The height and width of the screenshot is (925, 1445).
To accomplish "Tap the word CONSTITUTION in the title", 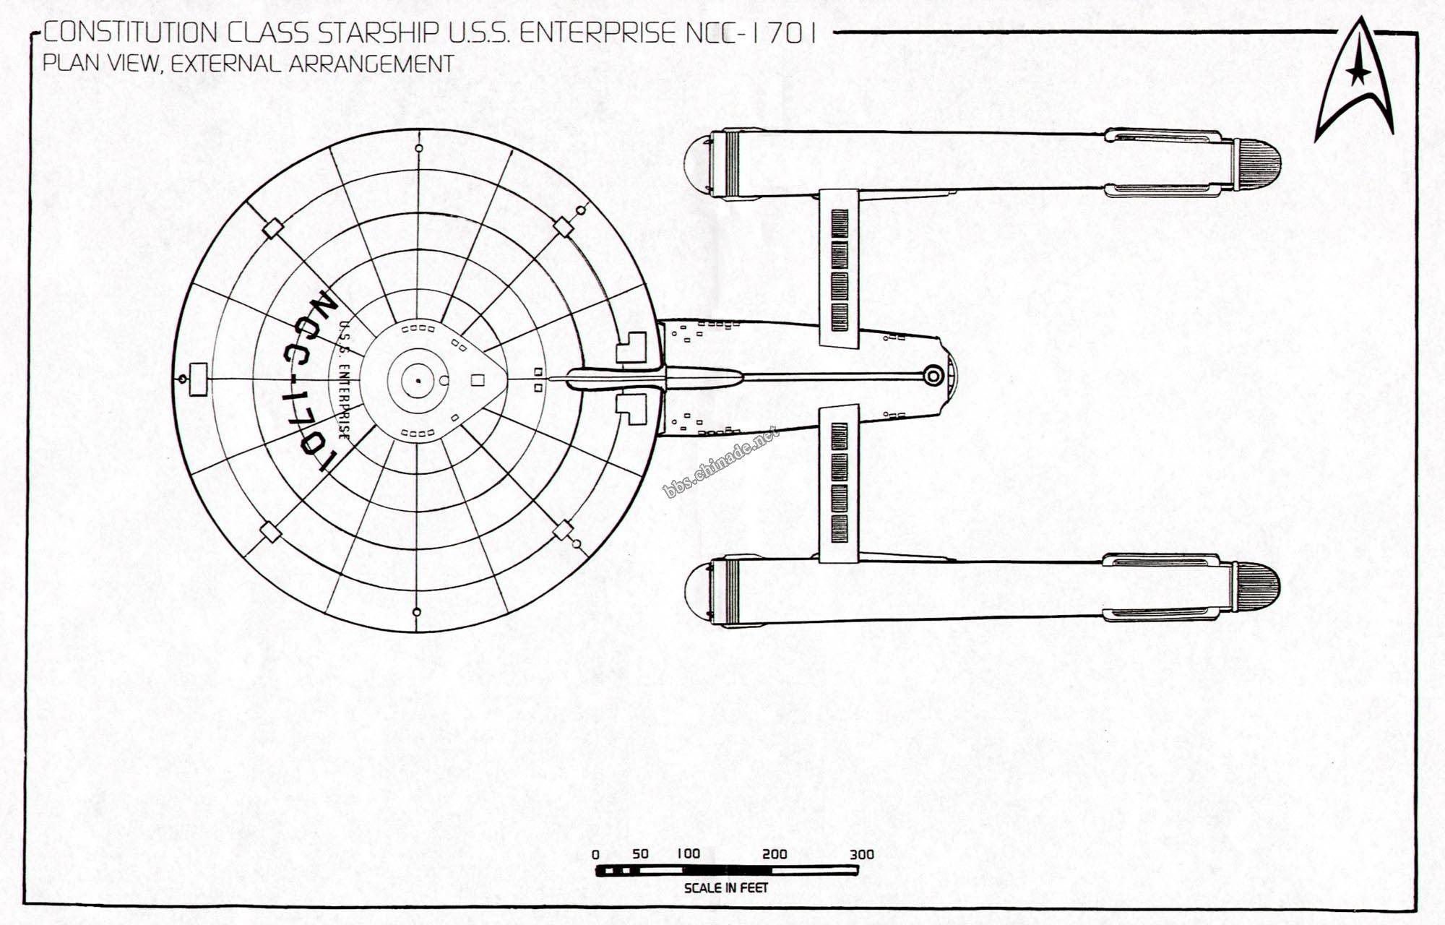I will [131, 33].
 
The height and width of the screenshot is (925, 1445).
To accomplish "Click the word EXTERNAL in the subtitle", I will [225, 64].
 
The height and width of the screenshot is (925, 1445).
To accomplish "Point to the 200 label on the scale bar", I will [774, 854].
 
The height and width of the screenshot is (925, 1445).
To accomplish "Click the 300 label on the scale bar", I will [861, 854].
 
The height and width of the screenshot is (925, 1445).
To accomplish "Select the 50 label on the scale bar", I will [640, 853].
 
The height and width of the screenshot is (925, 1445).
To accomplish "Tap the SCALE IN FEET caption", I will [725, 887].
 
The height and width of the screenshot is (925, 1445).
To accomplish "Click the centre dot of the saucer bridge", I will [417, 380].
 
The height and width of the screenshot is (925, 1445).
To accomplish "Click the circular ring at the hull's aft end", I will [933, 376].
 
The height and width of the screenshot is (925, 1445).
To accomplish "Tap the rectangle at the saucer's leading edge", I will [197, 379].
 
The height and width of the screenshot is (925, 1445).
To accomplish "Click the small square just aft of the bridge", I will [478, 380].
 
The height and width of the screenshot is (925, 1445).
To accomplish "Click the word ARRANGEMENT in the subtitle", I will [371, 64].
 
